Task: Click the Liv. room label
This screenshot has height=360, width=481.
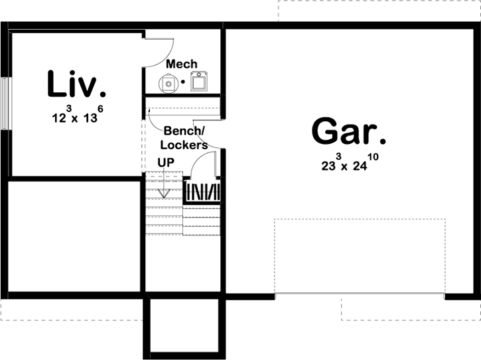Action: [76, 85]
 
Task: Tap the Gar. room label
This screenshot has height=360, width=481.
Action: [349, 131]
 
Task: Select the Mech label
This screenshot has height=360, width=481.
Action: [181, 64]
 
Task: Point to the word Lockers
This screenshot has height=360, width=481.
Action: [184, 145]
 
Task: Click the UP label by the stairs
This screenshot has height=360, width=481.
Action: [166, 162]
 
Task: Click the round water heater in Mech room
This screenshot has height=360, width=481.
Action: [169, 84]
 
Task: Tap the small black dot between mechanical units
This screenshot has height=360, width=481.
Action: [183, 83]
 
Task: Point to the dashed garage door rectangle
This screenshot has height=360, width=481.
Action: [361, 256]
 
